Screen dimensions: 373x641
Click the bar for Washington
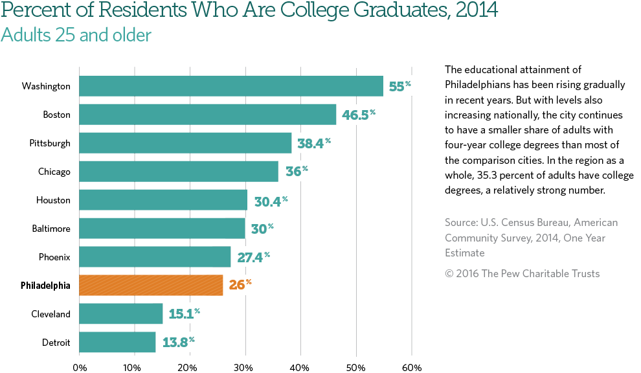231,86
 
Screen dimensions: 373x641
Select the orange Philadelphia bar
151,286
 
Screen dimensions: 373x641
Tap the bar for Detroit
117,343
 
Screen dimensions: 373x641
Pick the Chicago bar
179,172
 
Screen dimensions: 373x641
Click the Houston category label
53,200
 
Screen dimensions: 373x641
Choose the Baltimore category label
51,229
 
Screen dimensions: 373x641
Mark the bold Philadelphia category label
45,286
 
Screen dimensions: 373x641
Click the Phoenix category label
54,257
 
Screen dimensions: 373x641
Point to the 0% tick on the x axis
79,367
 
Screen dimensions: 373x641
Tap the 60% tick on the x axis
412,367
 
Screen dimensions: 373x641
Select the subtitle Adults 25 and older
76,35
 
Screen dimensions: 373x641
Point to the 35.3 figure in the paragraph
490,176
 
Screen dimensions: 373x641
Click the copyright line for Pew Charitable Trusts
522,273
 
